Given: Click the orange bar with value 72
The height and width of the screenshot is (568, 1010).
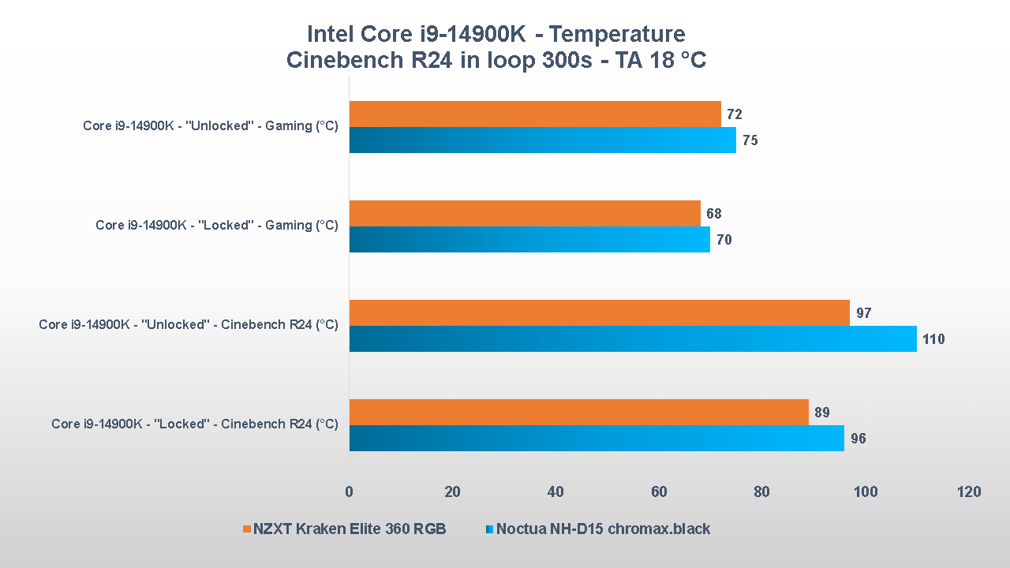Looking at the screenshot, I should coord(535,114).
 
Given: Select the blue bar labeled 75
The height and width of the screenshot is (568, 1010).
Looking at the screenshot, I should coord(543,140).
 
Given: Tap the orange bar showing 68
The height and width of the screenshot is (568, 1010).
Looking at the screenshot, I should coord(525,214).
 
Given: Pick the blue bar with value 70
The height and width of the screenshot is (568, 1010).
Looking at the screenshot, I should coord(529,240).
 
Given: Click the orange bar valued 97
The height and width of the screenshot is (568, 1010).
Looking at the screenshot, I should coord(600,313).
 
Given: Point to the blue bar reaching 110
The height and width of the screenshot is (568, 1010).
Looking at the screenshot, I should coord(633,339).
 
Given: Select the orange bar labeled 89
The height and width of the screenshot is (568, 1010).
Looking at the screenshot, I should coord(579,413).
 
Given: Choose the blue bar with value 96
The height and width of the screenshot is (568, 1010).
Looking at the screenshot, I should coord(597,439).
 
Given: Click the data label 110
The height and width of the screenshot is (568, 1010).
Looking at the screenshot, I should coord(933,340).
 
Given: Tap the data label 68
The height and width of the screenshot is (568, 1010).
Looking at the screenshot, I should coord(714,214).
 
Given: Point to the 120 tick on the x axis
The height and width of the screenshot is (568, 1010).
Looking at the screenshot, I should coord(969,492).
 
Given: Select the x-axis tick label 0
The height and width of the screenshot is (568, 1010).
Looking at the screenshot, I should coord(350,492).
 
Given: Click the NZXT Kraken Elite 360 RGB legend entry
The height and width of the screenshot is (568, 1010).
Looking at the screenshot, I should coord(350,529).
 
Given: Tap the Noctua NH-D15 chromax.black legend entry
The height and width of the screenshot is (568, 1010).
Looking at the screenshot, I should coord(604,529).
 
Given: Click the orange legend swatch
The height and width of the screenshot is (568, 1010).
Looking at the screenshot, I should coord(246,529).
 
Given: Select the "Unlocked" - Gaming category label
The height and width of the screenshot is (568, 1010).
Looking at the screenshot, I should coord(211,126).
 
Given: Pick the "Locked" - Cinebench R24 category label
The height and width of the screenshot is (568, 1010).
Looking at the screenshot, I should coord(195,424).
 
